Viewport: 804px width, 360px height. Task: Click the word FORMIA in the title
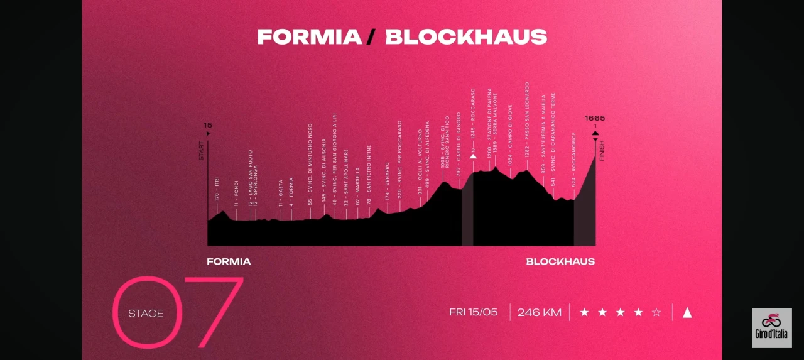click(310, 36)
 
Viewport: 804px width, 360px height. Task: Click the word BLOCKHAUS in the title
click(465, 36)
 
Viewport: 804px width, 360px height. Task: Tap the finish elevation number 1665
click(595, 118)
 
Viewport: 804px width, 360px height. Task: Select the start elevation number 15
click(208, 125)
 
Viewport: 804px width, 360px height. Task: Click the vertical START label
click(202, 151)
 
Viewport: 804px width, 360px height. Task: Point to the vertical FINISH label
click(602, 151)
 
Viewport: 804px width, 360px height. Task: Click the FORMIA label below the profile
click(229, 261)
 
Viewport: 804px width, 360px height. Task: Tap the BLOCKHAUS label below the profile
click(560, 261)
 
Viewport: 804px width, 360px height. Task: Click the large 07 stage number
click(179, 312)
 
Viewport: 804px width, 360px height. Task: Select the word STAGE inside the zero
click(146, 313)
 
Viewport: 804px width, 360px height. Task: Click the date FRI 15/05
click(474, 312)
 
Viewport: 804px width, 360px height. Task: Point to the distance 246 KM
click(539, 312)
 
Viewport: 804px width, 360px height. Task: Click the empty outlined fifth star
click(656, 312)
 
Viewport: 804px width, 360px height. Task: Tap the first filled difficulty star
click(584, 312)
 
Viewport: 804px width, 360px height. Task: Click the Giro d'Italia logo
click(771, 327)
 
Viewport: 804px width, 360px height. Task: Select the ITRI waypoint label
click(217, 188)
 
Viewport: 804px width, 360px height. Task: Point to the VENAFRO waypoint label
click(388, 177)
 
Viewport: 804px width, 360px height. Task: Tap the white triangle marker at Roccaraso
click(474, 155)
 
